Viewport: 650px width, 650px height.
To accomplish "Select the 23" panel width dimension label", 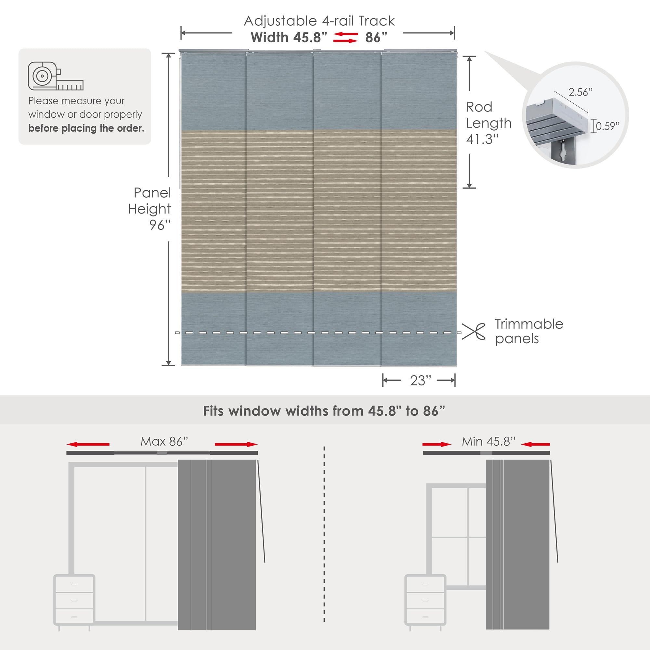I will click(x=420, y=381).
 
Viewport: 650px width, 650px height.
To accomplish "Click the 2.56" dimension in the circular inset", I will click(x=580, y=92).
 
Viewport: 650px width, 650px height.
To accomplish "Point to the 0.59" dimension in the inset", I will click(x=607, y=126).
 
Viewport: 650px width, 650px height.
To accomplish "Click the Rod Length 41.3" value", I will click(x=482, y=139).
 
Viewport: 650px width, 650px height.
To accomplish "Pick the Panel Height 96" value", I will click(x=160, y=225).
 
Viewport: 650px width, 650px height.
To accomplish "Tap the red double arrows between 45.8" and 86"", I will click(x=345, y=38).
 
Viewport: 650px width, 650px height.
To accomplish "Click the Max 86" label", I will click(x=164, y=441).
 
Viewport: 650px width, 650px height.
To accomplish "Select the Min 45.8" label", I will click(x=488, y=441).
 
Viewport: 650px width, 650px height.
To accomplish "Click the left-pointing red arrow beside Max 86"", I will click(x=88, y=444).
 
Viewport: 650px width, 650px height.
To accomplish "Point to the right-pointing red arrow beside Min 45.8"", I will click(x=437, y=444).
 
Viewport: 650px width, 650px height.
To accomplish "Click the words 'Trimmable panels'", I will click(x=528, y=331).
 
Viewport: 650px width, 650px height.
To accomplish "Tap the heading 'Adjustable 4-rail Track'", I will click(x=319, y=21).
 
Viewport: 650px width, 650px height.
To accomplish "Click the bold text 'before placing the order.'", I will click(x=86, y=128).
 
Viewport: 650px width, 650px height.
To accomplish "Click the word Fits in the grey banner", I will click(x=213, y=411).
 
